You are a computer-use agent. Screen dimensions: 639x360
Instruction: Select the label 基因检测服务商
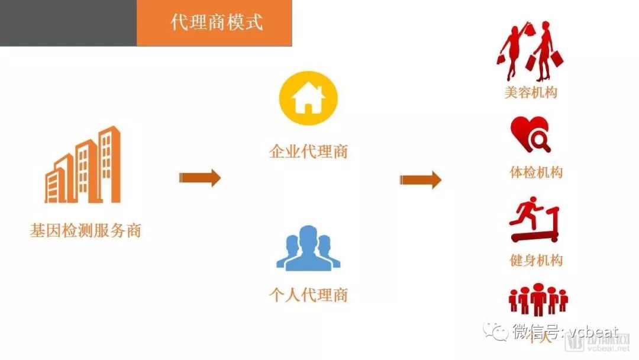(86, 230)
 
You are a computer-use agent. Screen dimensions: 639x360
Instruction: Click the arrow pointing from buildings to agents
(200, 178)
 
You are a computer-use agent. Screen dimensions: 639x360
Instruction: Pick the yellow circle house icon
(308, 97)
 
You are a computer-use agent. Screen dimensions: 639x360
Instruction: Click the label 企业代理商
(308, 152)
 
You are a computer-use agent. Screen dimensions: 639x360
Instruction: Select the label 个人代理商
(308, 295)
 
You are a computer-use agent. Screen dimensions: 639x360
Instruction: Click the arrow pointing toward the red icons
(420, 179)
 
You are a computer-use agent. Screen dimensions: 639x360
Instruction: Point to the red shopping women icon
(530, 52)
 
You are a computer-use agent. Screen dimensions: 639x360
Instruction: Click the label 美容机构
(531, 92)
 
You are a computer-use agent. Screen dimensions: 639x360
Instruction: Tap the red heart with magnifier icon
(531, 134)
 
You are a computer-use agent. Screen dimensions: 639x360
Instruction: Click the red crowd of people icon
(538, 299)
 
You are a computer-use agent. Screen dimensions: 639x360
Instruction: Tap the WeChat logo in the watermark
(496, 331)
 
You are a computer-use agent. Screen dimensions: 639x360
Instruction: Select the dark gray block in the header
(68, 23)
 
